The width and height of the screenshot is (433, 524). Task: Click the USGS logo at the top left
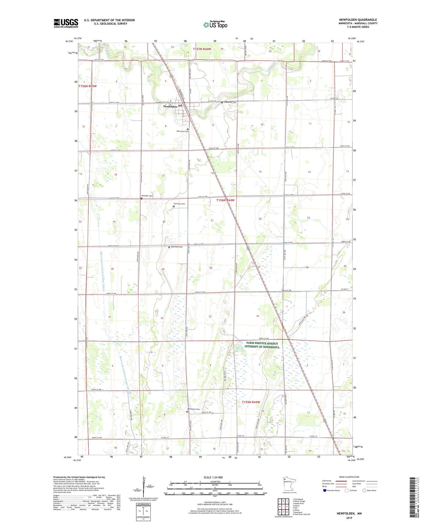(66, 23)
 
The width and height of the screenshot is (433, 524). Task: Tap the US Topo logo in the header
(215, 25)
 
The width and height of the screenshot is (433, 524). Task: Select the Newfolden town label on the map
(170, 107)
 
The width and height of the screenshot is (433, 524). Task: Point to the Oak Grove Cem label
(182, 131)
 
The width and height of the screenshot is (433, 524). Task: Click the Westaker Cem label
(147, 196)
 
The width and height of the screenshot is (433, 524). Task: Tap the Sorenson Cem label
(179, 204)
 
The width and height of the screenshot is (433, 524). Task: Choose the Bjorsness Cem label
(176, 247)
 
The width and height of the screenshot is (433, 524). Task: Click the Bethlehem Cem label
(194, 409)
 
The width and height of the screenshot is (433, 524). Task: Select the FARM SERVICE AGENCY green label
(262, 345)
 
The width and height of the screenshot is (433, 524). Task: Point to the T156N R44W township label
(226, 200)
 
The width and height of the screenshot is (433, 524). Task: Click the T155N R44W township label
(251, 402)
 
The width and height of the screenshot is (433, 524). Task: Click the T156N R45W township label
(87, 86)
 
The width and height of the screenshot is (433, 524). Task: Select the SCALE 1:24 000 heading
(213, 477)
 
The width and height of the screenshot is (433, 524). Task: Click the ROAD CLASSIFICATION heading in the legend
(349, 477)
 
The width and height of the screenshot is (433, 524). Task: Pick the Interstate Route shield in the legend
(325, 490)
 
